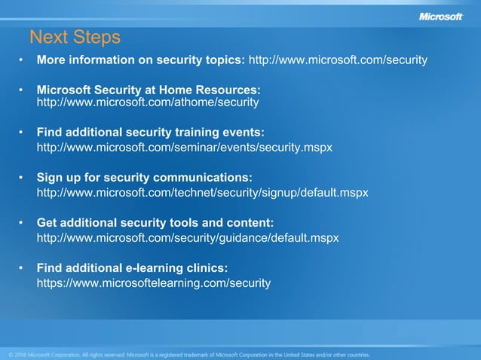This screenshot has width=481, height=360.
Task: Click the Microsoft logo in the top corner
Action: pos(440,17)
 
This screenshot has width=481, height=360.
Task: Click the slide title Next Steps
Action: pos(75,37)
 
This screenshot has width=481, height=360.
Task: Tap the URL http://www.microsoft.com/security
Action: pos(338,59)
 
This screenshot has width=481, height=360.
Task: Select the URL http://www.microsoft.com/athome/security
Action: pos(148,102)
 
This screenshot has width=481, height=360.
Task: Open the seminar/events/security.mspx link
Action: pos(184,148)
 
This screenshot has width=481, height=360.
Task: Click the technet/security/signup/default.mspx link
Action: pos(202,193)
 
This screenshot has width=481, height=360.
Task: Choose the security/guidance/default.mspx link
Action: pos(188,238)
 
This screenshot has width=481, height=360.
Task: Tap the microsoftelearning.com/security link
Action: pos(153,283)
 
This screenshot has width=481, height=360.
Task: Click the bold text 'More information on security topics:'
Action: pos(141,59)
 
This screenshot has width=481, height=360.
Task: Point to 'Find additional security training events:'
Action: pos(150,132)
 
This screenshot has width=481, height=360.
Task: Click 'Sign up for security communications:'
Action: pos(144,177)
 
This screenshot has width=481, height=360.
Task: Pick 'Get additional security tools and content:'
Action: pos(155,222)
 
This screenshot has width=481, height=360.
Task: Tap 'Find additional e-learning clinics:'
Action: pos(132,267)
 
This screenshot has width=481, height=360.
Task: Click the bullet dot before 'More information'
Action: pos(22,59)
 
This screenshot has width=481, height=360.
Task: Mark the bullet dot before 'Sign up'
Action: pos(22,178)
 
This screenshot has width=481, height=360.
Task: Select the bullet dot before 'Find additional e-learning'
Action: pos(22,268)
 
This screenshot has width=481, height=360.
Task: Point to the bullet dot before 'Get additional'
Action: pos(22,223)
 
